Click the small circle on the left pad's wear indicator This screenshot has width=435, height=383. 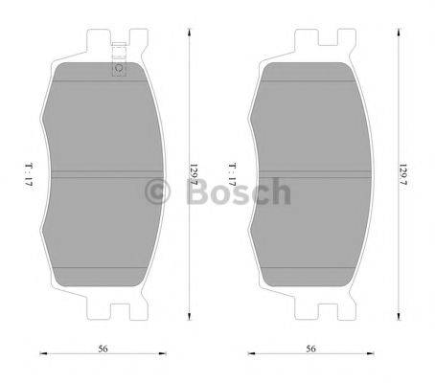click(118, 68)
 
